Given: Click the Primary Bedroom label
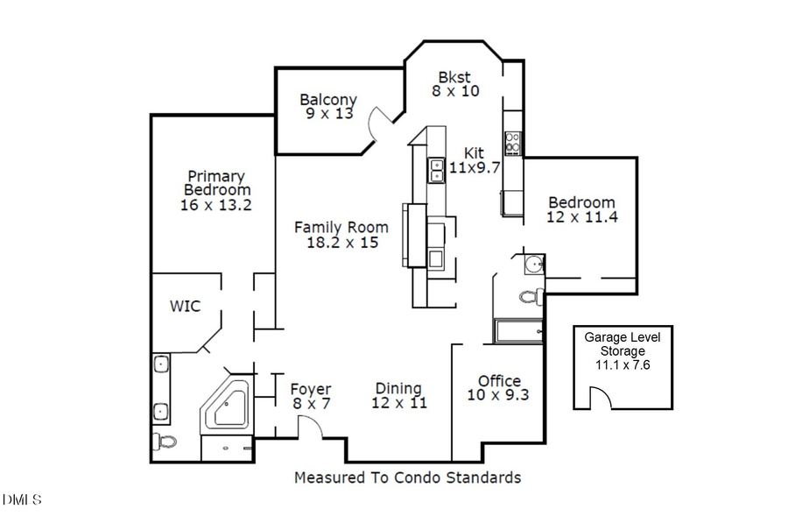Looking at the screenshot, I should point(216,190).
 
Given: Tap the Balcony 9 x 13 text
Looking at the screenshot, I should point(327,106).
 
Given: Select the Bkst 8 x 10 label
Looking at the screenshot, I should point(455,83).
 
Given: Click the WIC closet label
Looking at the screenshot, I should point(185,306).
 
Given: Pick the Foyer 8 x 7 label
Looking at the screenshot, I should point(311,396).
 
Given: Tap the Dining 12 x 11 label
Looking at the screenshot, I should point(399,396).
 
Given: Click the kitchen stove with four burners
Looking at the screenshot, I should point(512,142).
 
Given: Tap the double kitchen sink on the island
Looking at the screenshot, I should point(436,170).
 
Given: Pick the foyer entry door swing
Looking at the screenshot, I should point(312,427).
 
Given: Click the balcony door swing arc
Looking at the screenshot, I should point(378,124).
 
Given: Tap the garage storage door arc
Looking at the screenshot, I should point(600,399).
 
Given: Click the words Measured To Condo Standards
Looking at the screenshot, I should point(407,477).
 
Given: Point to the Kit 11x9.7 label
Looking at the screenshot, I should point(474,160).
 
